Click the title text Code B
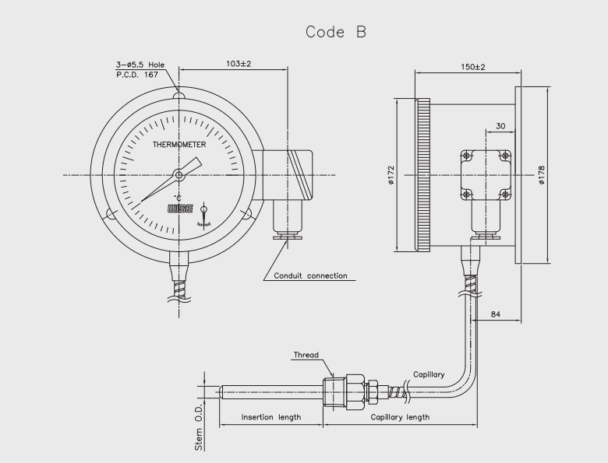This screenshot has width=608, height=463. tap(335, 32)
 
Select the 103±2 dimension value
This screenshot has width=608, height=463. tap(238, 63)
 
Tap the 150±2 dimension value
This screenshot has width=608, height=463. tap(472, 68)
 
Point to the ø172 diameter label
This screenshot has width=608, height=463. tap(391, 174)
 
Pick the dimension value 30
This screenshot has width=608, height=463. tap(500, 127)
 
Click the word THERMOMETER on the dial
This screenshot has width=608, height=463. tap(179, 145)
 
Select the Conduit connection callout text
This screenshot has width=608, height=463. tap(310, 275)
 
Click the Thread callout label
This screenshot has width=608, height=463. tap(306, 356)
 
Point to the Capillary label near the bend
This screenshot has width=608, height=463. tap(429, 373)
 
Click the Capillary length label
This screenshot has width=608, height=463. tap(400, 417)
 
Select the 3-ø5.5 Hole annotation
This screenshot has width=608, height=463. tap(141, 65)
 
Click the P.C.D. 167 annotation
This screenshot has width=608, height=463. tap(136, 74)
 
